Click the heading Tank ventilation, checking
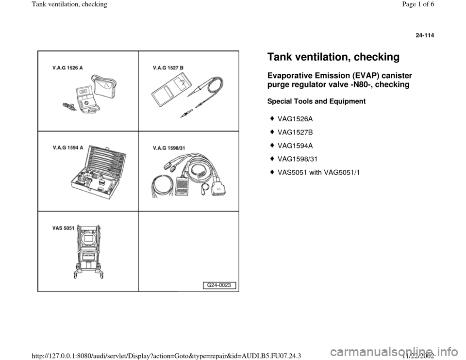coord(333,57)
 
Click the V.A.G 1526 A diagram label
coord(67,68)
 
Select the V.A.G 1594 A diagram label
coord(67,147)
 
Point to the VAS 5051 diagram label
coord(63,228)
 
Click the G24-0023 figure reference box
coord(219,285)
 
